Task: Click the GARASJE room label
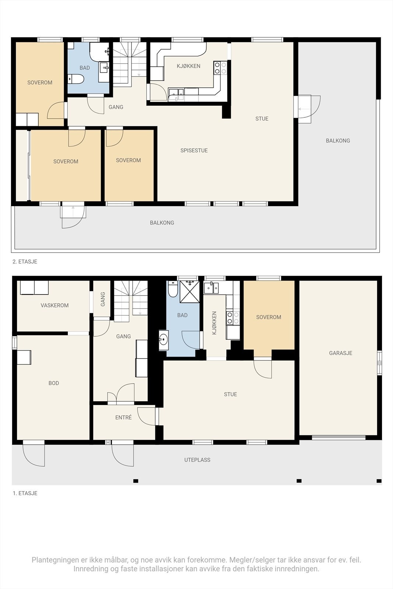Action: [340, 353]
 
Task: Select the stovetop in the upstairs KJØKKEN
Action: [220, 68]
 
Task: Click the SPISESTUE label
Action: [194, 151]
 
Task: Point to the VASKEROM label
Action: [55, 305]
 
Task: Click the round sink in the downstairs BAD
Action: [164, 340]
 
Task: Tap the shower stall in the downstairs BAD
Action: [189, 292]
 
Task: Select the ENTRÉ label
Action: [123, 417]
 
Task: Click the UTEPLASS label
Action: [197, 460]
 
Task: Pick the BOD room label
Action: [54, 383]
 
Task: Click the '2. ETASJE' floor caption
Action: [25, 262]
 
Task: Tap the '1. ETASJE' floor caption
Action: [25, 493]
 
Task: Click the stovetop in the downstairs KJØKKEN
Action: [232, 318]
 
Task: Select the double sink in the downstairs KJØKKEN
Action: [211, 288]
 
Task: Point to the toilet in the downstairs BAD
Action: [173, 289]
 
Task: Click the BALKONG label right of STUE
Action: [338, 141]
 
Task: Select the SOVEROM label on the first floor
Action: [269, 317]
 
